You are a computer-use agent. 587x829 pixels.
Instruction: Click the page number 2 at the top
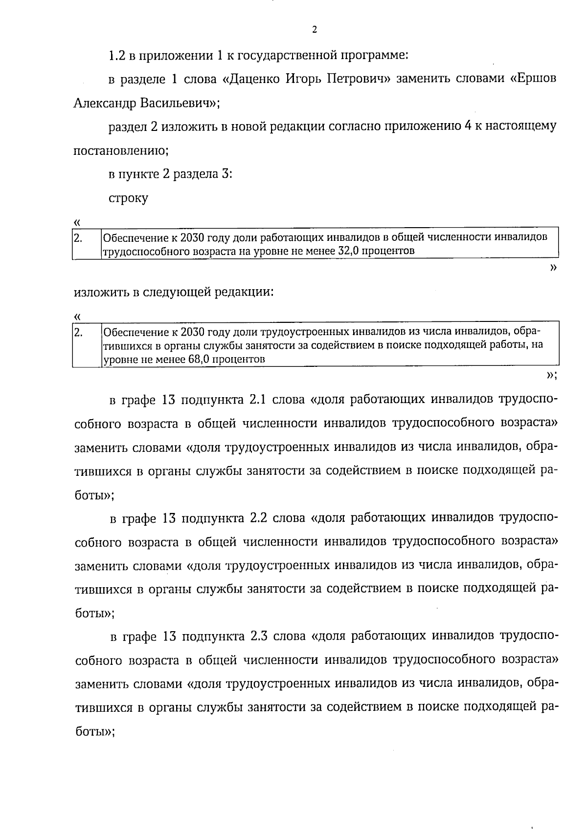point(314,30)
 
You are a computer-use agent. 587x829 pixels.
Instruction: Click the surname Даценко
point(254,79)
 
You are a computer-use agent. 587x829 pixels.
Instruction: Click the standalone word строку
point(128,198)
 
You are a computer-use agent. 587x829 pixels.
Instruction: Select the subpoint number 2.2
point(257,518)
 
